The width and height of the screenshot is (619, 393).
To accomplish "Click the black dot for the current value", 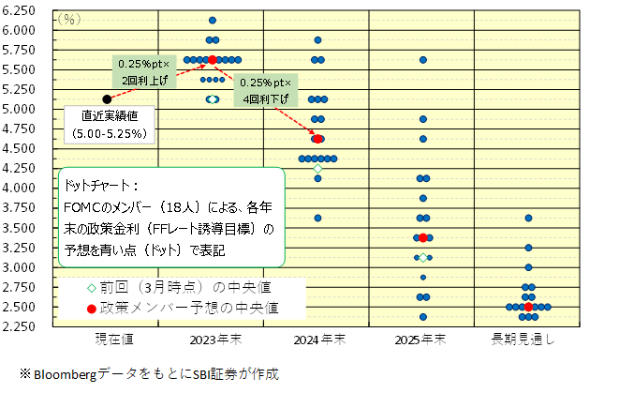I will (x=107, y=98).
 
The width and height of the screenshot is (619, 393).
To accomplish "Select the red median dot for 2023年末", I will (x=213, y=59).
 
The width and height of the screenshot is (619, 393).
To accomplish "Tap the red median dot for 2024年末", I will (x=318, y=139).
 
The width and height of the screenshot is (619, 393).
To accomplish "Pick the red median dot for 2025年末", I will (x=423, y=238).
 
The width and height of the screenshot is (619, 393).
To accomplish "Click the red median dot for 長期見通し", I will (x=529, y=307).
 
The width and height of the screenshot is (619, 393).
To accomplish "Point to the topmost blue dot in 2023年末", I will (x=213, y=20).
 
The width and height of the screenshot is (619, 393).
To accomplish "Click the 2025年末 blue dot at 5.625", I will (x=423, y=59).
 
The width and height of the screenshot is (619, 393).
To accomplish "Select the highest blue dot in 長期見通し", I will (x=529, y=218).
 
